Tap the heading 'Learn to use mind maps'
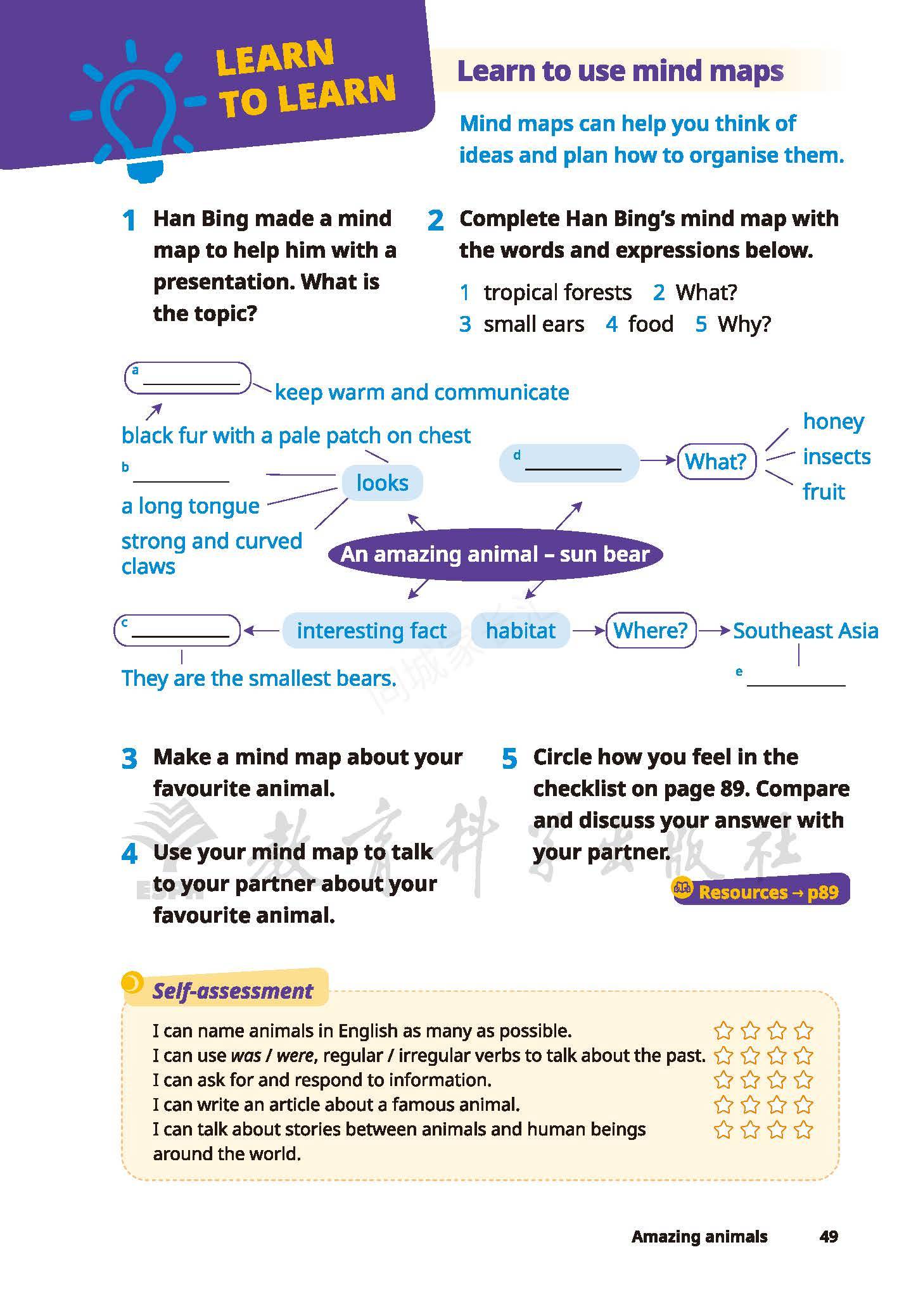(620, 71)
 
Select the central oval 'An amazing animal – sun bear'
(495, 555)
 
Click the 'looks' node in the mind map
(382, 483)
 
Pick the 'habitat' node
(520, 631)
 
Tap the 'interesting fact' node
(371, 631)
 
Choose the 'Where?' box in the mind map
(650, 631)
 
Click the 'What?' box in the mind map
(716, 462)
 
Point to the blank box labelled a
(188, 378)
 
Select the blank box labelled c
(177, 630)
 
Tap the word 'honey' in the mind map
(833, 422)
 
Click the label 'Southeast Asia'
(805, 631)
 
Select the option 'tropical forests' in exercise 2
(557, 293)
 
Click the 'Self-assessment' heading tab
(232, 991)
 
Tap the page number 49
(828, 1236)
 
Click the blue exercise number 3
(129, 759)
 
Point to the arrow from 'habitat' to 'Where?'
(587, 631)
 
